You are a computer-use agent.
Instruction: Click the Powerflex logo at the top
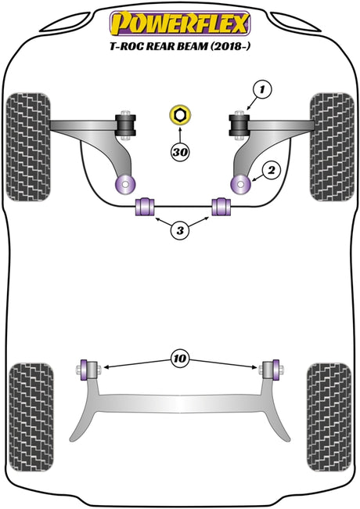(180, 23)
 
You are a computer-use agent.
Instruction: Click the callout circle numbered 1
(262, 89)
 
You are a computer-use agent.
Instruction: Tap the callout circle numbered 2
(272, 170)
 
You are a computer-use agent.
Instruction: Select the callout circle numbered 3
(180, 230)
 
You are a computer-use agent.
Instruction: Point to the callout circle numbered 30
(180, 152)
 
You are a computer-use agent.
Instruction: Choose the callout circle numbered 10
(180, 359)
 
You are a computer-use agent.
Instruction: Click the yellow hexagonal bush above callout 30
(180, 115)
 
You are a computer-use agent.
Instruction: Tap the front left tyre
(28, 147)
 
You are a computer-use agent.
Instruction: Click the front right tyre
(332, 147)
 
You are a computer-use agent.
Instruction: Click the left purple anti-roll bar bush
(145, 207)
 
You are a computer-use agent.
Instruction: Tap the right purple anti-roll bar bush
(221, 207)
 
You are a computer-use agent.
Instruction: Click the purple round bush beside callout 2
(240, 184)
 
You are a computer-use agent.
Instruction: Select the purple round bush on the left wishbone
(125, 184)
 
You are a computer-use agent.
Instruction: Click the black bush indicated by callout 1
(239, 125)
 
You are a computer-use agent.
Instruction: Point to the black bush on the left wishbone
(126, 125)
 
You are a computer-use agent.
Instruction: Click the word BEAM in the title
(192, 46)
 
